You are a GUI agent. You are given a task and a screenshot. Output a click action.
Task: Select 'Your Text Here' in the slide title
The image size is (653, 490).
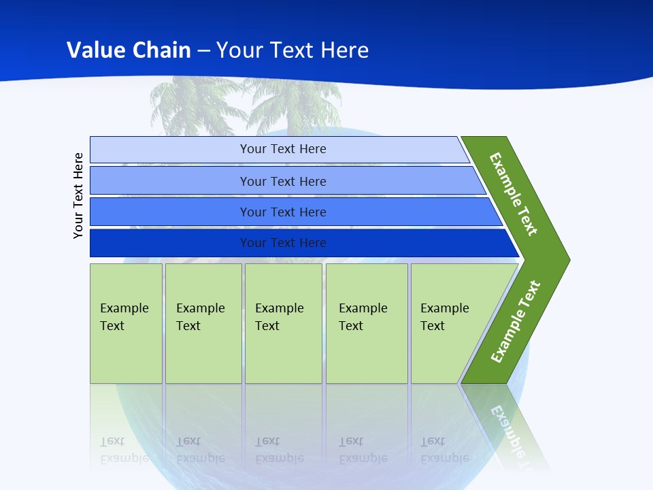[x=292, y=50]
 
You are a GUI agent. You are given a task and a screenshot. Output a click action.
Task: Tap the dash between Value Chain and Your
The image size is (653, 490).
[x=203, y=51]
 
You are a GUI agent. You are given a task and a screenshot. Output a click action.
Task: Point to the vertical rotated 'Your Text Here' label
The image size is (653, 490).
[x=78, y=195]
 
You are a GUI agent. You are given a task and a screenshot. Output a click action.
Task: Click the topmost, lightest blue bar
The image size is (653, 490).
[x=283, y=149]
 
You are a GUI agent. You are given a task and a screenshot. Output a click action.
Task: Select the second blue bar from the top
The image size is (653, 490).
[x=283, y=181]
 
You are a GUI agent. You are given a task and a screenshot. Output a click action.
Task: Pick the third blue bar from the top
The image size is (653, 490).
[x=283, y=212]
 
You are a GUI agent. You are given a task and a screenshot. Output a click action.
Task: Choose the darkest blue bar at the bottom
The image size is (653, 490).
[x=283, y=243]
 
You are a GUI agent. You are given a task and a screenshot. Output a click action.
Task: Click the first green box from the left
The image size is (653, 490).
[x=126, y=323]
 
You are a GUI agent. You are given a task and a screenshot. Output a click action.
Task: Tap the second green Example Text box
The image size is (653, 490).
[x=203, y=323]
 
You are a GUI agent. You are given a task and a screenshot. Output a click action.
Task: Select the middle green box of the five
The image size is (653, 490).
[x=283, y=323]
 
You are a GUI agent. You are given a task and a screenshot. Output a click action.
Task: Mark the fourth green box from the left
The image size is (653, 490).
[x=367, y=323]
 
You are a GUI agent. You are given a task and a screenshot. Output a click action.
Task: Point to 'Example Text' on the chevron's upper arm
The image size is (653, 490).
[x=514, y=194]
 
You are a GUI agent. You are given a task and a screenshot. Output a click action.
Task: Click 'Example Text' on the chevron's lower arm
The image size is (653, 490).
[x=515, y=322]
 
